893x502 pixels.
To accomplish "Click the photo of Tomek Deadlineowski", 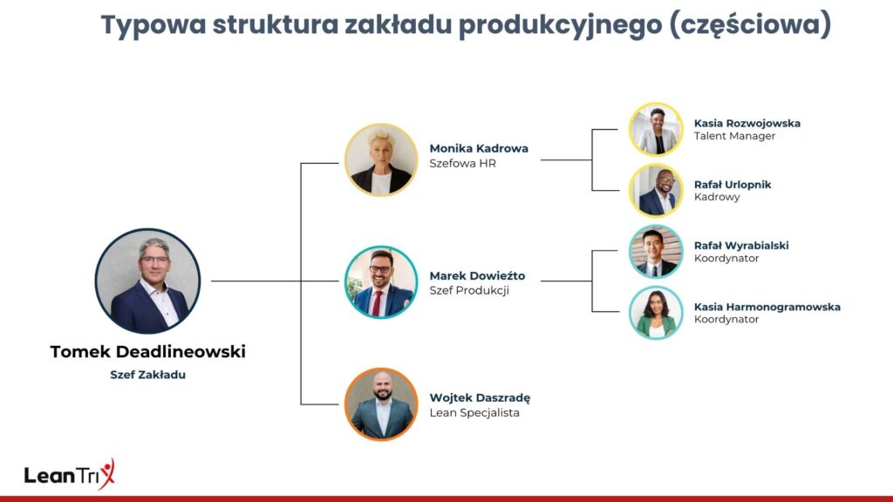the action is pyautogui.click(x=147, y=282).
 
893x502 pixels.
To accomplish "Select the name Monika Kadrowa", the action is pyautogui.click(x=479, y=148).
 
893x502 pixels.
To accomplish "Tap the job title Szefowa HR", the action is pyautogui.click(x=462, y=163).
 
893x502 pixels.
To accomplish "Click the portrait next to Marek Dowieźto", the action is pyautogui.click(x=381, y=282).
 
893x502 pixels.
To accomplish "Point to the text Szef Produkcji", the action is pyautogui.click(x=469, y=290).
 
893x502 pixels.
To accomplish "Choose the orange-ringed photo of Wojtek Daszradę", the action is pyautogui.click(x=381, y=404).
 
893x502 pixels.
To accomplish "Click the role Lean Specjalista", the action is pyautogui.click(x=474, y=412).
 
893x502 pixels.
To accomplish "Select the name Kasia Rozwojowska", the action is pyautogui.click(x=747, y=123).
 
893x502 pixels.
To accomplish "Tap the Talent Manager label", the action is pyautogui.click(x=734, y=136).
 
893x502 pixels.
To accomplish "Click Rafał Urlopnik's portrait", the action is pyautogui.click(x=656, y=191).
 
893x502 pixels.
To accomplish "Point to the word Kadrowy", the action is pyautogui.click(x=717, y=197).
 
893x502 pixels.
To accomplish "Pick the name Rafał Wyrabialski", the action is pyautogui.click(x=741, y=245).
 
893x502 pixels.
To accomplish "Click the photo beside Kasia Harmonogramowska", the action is pyautogui.click(x=656, y=313).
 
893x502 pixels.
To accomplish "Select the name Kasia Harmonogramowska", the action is pyautogui.click(x=767, y=307).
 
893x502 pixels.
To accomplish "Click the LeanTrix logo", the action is pyautogui.click(x=70, y=473).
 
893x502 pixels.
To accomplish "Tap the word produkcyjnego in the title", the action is pyautogui.click(x=552, y=26).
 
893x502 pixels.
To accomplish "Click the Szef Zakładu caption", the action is pyautogui.click(x=148, y=375).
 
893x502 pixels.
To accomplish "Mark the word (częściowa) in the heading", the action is pyautogui.click(x=750, y=26).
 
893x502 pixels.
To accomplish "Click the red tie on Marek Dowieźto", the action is pyautogui.click(x=377, y=302).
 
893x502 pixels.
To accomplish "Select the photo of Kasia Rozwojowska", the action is pyautogui.click(x=656, y=129).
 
